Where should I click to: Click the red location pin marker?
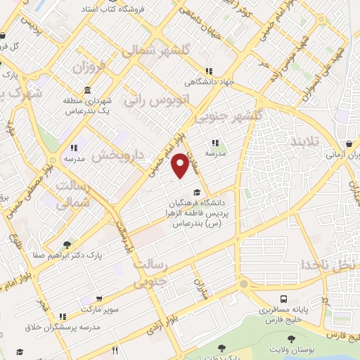tap(181, 165)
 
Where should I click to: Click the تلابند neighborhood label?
tap(304, 141)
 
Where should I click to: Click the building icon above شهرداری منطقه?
tap(86, 91)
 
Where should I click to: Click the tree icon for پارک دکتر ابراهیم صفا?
tap(67, 245)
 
